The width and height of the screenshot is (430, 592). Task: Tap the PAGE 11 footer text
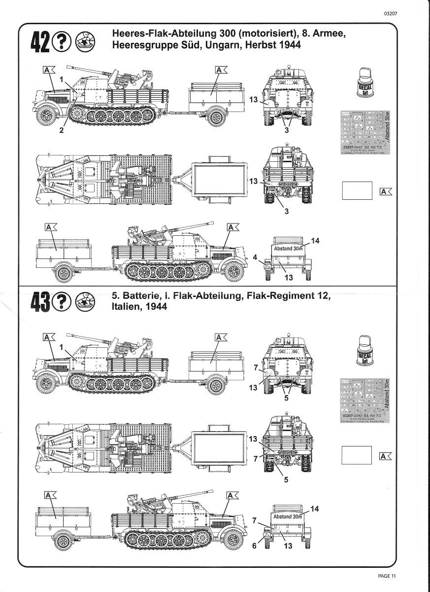pyautogui.click(x=387, y=576)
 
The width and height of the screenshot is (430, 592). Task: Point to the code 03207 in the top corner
pyautogui.click(x=389, y=14)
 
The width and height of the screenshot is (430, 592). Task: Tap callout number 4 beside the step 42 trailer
pyautogui.click(x=255, y=257)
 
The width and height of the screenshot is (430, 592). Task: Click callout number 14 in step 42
pyautogui.click(x=316, y=240)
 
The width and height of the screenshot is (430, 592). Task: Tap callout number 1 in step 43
pyautogui.click(x=62, y=347)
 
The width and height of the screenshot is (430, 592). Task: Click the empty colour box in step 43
pyautogui.click(x=357, y=454)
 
